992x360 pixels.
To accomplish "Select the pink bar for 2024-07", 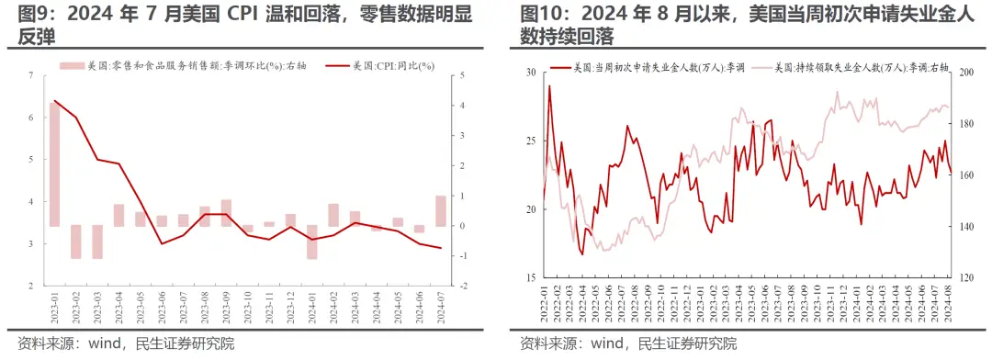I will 441,210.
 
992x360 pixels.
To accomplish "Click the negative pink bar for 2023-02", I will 76,242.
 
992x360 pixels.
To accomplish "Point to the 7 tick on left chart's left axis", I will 31,75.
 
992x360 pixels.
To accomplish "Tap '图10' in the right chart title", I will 544,14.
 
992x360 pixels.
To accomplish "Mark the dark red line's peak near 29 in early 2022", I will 549,86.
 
